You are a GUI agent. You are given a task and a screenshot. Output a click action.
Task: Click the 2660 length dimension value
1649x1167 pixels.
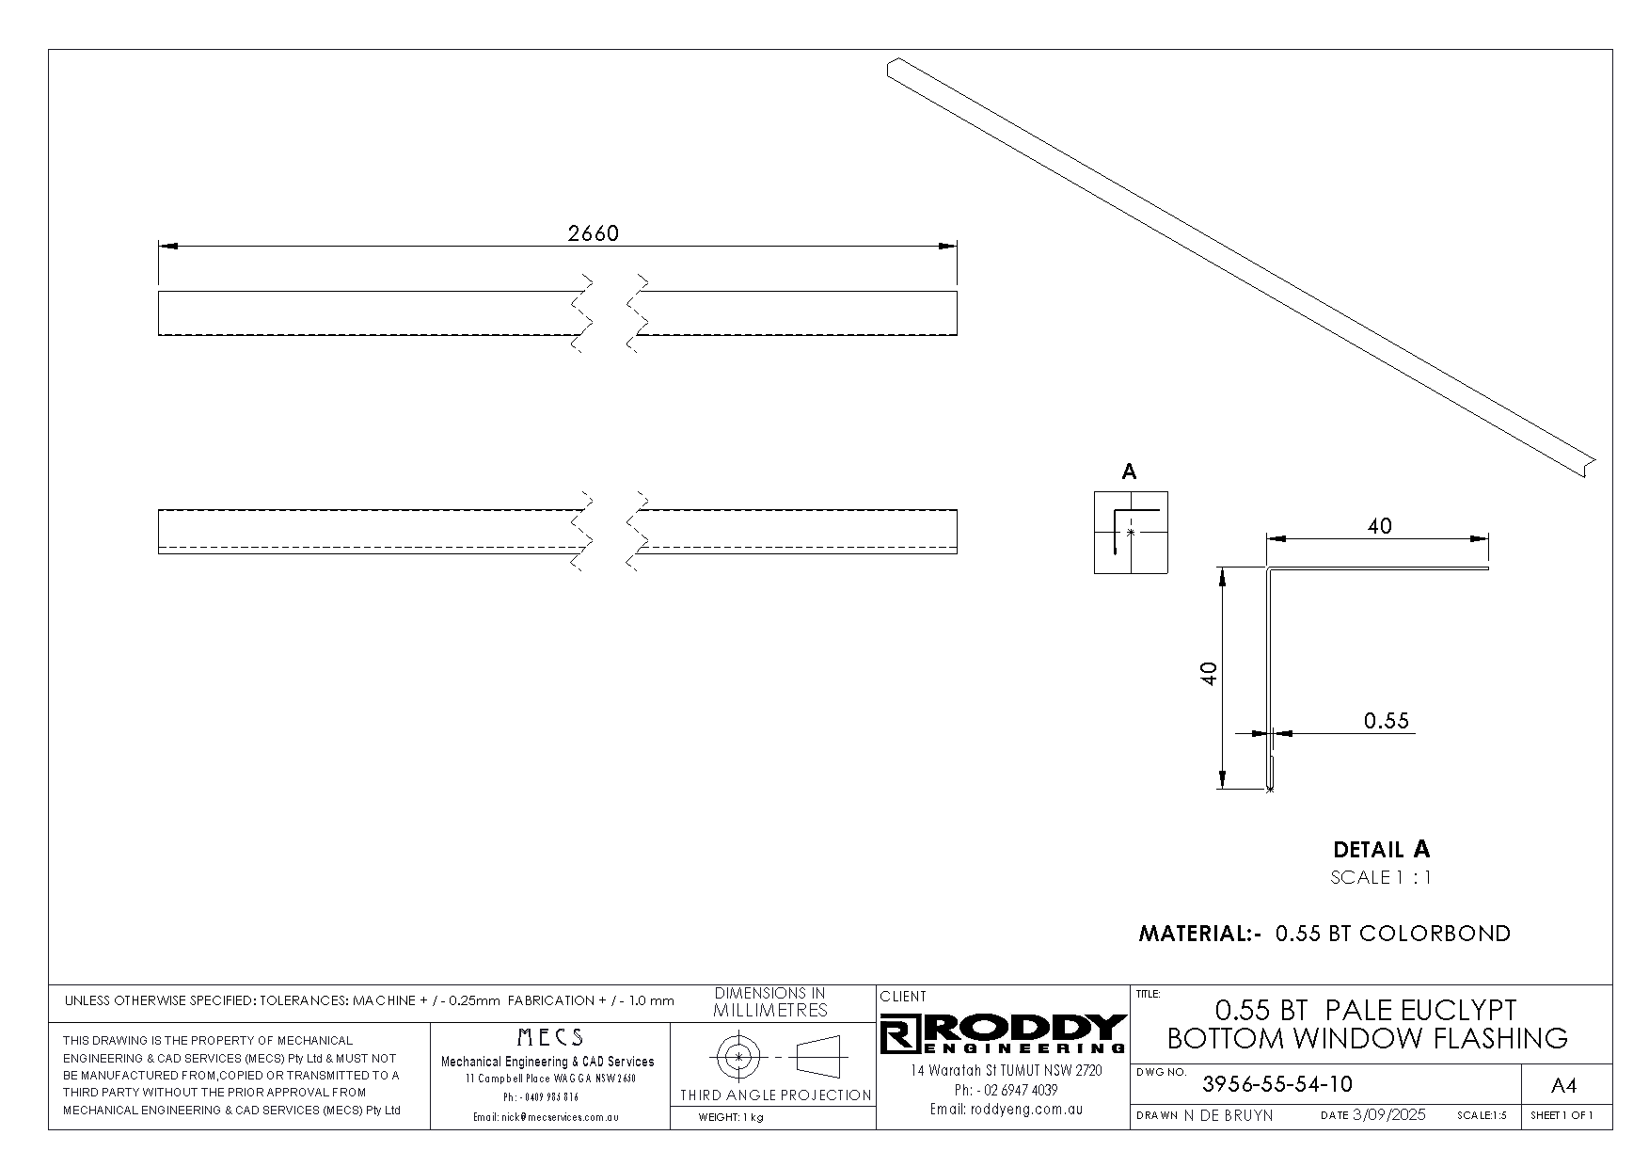tap(594, 233)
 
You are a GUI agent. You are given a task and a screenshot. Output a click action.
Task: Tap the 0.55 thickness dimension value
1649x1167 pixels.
tap(1387, 721)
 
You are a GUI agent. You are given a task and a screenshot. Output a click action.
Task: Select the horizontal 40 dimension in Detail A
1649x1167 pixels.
tap(1379, 526)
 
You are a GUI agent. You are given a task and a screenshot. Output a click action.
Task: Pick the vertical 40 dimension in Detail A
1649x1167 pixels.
tap(1210, 673)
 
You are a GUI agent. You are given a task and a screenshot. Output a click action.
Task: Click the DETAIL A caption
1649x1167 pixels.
tap(1382, 850)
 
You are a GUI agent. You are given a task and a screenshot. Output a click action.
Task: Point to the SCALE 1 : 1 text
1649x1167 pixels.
tap(1381, 878)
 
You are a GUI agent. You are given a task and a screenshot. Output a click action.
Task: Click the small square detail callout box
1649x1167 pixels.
tap(1131, 533)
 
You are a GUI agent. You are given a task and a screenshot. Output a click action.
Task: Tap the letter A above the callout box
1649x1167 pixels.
tap(1130, 472)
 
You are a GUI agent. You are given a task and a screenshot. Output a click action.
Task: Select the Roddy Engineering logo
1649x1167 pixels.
tap(1004, 1033)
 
